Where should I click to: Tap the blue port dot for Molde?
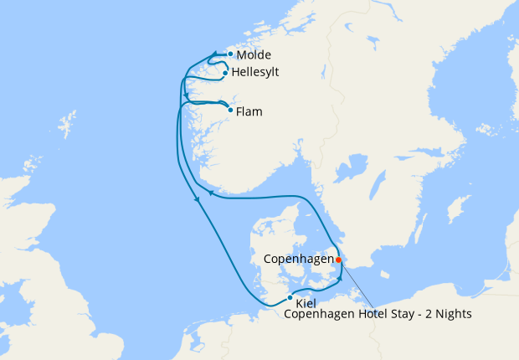click(x=230, y=54)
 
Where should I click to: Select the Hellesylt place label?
click(x=254, y=73)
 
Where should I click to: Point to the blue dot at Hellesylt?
click(x=225, y=73)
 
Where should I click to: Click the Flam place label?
click(x=249, y=111)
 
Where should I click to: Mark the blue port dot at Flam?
click(x=230, y=109)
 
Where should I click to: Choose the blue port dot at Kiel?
click(x=290, y=298)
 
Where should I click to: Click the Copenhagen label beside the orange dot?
click(x=298, y=260)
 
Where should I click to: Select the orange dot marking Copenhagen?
click(x=338, y=260)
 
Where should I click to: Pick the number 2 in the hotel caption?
click(x=430, y=315)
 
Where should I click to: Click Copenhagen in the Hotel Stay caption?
click(x=318, y=315)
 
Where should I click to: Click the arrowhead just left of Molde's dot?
click(x=216, y=54)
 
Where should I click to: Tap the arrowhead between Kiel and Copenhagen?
click(x=340, y=277)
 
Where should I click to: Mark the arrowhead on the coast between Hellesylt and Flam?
click(x=185, y=95)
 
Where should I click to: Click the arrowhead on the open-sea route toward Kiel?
click(x=197, y=199)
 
